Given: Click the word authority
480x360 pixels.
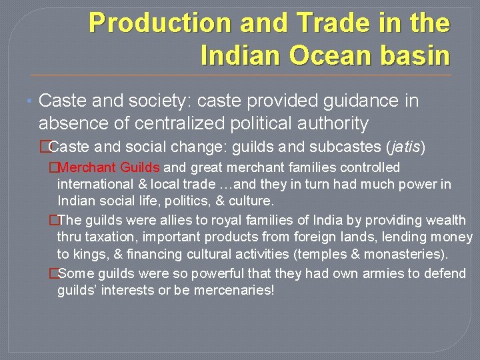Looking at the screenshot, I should coord(329,123).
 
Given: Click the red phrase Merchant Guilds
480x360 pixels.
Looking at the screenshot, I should coord(109,167).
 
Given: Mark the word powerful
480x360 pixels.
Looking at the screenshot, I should coord(216,274).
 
